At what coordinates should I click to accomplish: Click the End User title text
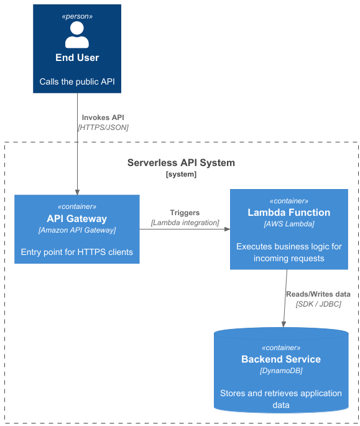(x=77, y=58)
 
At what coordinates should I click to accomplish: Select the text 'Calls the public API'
(x=77, y=81)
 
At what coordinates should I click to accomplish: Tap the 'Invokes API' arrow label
(x=103, y=117)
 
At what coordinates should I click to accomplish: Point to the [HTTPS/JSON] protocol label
(x=103, y=127)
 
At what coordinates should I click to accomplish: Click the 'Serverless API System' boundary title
(x=181, y=163)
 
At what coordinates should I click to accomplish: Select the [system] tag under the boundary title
(x=181, y=175)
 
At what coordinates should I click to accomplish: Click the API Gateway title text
(x=76, y=218)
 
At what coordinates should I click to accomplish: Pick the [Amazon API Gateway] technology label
(x=76, y=230)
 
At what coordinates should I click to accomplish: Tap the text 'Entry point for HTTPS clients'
(x=76, y=252)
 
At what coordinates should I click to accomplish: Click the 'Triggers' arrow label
(x=185, y=213)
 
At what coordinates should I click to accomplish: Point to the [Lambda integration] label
(x=185, y=223)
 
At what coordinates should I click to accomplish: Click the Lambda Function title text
(x=288, y=212)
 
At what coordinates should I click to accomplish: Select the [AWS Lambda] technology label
(x=288, y=224)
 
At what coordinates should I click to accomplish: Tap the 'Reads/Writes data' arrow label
(x=318, y=294)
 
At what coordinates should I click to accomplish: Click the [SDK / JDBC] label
(x=318, y=304)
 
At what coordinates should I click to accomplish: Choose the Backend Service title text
(x=281, y=359)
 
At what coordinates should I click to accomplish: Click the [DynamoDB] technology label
(x=281, y=371)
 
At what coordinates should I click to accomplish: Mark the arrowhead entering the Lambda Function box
(x=226, y=229)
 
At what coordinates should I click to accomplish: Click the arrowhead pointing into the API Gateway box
(x=77, y=192)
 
